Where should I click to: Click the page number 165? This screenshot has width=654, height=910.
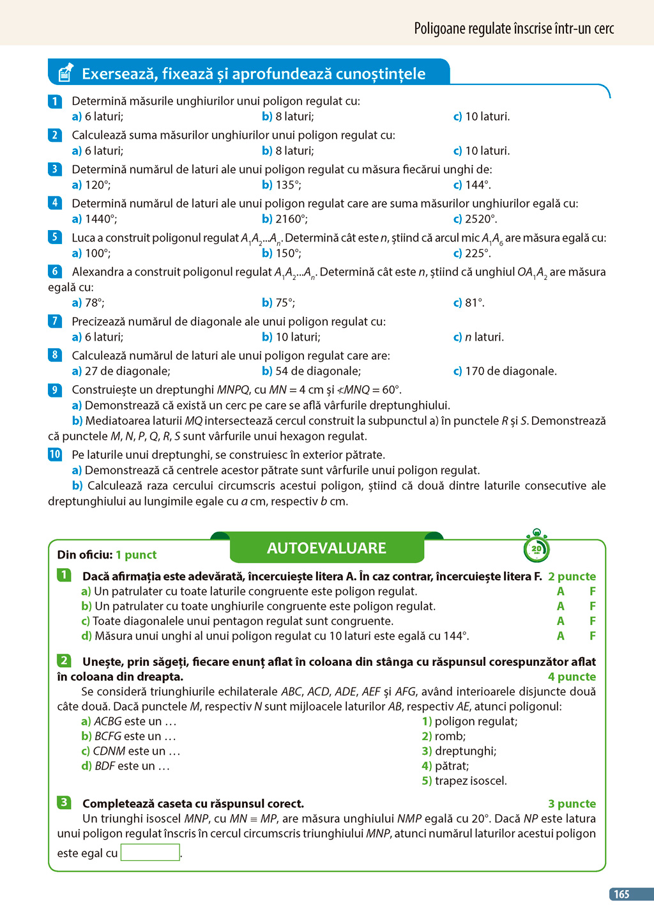[x=621, y=894]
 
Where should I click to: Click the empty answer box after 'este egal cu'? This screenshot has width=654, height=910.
[x=150, y=852]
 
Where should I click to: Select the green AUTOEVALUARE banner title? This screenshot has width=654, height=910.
[x=326, y=548]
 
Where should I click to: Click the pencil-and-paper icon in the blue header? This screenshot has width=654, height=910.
[x=65, y=73]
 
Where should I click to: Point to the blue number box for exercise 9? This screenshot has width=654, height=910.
[x=55, y=390]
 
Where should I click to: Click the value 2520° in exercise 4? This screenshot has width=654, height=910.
[x=480, y=219]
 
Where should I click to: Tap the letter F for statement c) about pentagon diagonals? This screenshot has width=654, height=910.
[x=593, y=621]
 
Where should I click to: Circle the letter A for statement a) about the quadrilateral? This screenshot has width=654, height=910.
[x=561, y=592]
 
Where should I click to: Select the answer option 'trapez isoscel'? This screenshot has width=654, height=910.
[x=470, y=781]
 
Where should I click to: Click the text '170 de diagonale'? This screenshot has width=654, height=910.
[x=510, y=371]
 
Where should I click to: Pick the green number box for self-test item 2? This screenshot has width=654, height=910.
[x=64, y=661]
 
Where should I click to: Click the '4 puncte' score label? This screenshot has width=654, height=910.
[x=572, y=677]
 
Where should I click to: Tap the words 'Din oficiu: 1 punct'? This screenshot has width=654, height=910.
[x=107, y=555]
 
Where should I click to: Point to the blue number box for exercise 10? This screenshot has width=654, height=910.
[x=55, y=454]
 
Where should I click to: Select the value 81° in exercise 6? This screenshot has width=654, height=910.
[x=475, y=303]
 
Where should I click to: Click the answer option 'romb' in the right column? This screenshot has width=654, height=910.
[x=450, y=736]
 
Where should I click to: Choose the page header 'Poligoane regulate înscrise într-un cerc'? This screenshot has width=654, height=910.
[x=513, y=29]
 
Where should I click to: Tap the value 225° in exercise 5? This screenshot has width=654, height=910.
[x=478, y=253]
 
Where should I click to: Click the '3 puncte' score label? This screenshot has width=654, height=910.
[x=572, y=804]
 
